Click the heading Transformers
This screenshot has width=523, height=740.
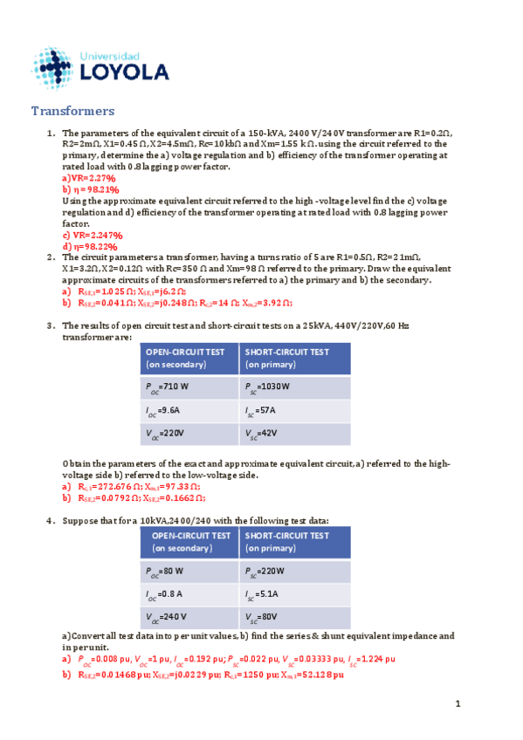point(73,111)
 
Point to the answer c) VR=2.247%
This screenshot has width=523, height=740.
point(93,235)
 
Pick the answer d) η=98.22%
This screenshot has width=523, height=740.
point(90,246)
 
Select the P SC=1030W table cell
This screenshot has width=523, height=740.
point(294,387)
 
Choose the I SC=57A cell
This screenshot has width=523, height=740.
point(294,412)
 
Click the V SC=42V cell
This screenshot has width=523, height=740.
point(294,435)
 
